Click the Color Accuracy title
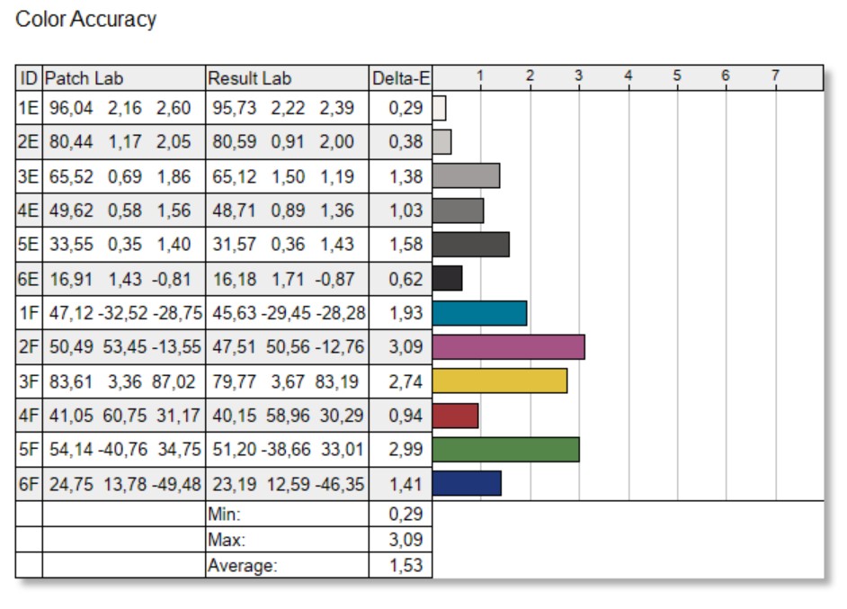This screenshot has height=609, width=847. (x=86, y=19)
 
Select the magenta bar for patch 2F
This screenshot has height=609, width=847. (x=508, y=347)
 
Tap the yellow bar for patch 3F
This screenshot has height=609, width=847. (x=499, y=381)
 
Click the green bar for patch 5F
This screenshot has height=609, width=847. (x=505, y=449)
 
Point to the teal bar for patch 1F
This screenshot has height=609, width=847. (x=479, y=313)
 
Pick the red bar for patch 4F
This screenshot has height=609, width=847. (x=455, y=416)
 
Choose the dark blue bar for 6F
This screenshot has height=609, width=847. (x=467, y=483)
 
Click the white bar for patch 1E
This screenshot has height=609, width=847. (x=440, y=109)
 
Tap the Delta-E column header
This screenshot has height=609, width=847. (x=400, y=78)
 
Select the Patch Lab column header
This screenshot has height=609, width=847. (x=85, y=78)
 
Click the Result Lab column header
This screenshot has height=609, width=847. (x=250, y=78)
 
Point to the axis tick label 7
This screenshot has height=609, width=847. (x=774, y=76)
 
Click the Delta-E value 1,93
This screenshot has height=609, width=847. (x=406, y=313)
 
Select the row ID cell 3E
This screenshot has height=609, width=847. (x=29, y=177)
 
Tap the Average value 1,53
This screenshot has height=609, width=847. (x=406, y=566)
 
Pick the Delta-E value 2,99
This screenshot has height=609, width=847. (x=406, y=450)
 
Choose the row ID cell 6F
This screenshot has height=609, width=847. (x=29, y=484)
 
